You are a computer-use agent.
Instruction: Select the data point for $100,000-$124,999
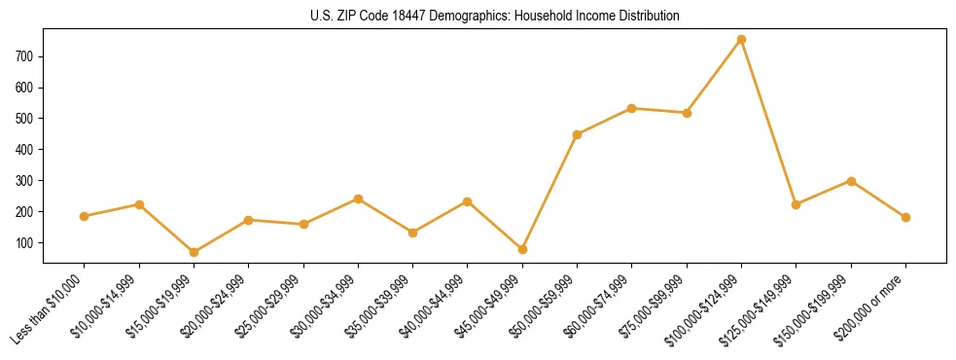click(741, 40)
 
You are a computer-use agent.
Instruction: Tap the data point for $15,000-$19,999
click(194, 253)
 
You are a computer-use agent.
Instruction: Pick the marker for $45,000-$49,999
click(522, 250)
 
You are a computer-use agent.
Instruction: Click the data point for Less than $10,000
click(85, 217)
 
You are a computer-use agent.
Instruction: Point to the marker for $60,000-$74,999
click(632, 108)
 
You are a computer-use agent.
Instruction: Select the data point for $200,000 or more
click(905, 218)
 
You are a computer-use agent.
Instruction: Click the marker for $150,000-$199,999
click(851, 181)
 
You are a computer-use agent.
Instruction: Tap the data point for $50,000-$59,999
click(577, 134)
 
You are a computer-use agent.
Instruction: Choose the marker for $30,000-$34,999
click(358, 198)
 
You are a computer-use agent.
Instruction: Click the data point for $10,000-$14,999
click(139, 204)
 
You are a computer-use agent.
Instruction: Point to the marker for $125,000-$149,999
click(796, 204)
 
